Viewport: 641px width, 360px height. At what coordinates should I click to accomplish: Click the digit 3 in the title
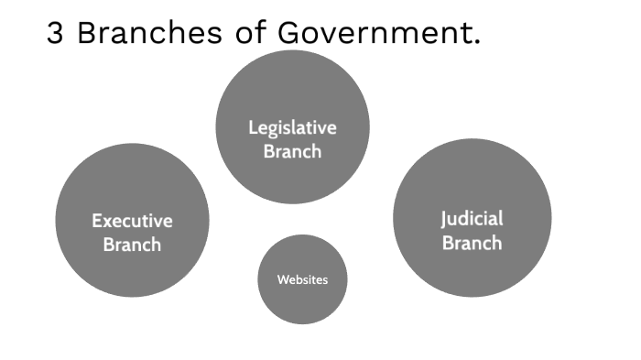(x=56, y=35)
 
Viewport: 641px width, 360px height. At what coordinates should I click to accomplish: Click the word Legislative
(x=292, y=128)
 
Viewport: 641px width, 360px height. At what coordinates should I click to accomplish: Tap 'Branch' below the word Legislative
(x=292, y=151)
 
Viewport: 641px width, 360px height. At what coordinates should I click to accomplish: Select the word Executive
(x=132, y=221)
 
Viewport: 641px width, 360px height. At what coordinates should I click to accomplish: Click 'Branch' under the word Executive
(x=132, y=245)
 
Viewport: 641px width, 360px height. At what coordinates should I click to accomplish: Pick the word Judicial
(x=472, y=219)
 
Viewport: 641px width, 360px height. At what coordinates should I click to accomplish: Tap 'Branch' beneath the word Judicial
(x=472, y=243)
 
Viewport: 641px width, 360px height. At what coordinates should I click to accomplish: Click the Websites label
(x=302, y=279)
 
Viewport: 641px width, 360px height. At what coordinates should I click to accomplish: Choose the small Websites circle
(x=302, y=302)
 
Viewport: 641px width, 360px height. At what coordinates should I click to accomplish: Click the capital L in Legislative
(x=252, y=128)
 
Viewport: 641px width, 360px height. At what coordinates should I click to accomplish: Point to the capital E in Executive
(x=96, y=221)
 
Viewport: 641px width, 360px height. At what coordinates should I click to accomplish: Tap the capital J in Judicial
(x=444, y=220)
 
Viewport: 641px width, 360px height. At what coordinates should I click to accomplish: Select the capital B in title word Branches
(x=87, y=35)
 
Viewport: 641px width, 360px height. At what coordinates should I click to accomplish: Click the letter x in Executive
(x=108, y=222)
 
